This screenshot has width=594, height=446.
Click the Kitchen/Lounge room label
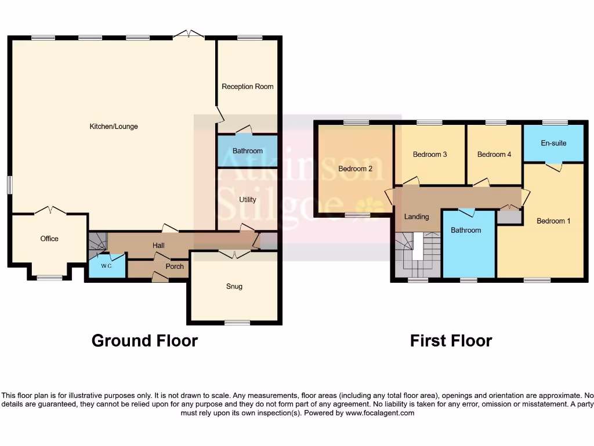[x=113, y=126]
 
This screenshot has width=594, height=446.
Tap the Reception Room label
[x=247, y=87]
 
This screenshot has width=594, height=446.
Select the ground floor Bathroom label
[x=247, y=151]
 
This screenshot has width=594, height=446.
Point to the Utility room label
[x=247, y=200]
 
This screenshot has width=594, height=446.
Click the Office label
[x=49, y=239]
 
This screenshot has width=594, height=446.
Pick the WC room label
[x=106, y=266]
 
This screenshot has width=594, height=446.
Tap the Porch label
[x=175, y=267]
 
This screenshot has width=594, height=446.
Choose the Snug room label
[x=234, y=286]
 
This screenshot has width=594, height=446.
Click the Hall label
[x=158, y=246]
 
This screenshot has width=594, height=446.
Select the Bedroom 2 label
[x=355, y=169]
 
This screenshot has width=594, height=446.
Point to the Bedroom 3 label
[x=430, y=154]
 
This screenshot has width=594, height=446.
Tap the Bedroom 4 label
[x=494, y=154]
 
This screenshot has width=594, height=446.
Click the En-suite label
[x=553, y=143]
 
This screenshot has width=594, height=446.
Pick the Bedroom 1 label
[x=553, y=221]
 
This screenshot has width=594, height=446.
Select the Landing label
[x=416, y=217]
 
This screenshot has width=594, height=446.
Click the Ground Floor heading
[x=144, y=341]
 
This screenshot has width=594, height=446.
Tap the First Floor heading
[x=451, y=341]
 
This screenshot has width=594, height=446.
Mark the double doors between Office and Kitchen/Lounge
[x=49, y=211]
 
